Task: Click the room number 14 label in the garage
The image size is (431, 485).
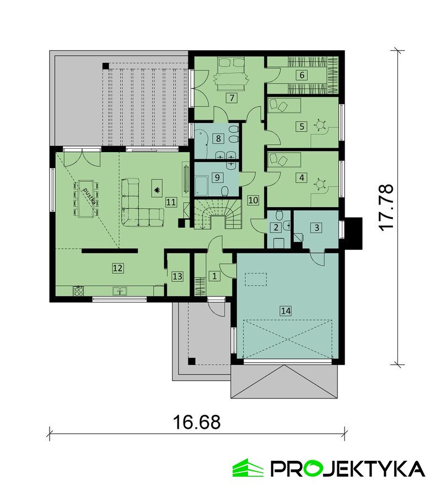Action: (285, 310)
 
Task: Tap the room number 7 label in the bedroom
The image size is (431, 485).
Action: (231, 98)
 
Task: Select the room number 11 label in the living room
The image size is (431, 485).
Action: (171, 202)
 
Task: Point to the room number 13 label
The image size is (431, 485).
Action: (177, 276)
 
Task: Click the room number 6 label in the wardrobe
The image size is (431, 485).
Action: (302, 75)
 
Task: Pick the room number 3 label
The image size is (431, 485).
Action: (316, 228)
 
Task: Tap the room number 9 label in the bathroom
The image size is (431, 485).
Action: (217, 177)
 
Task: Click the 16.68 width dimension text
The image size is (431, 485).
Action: (197, 422)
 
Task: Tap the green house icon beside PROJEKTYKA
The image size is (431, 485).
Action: (248, 468)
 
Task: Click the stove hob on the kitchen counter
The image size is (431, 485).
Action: (78, 291)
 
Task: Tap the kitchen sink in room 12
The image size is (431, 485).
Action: (120, 291)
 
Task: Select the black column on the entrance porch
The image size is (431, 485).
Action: (192, 361)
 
